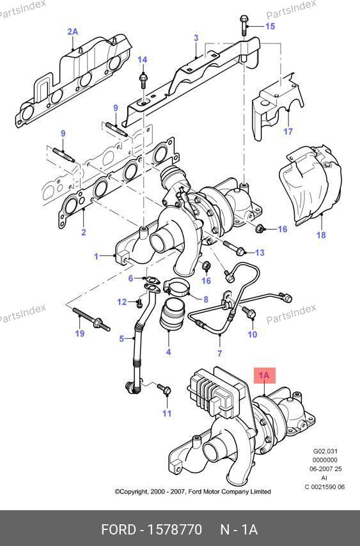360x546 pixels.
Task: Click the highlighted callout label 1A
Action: pos(264,375)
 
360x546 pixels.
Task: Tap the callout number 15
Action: pos(270,26)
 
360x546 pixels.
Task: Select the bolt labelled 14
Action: pos(143,80)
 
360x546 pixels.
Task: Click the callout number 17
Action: pos(288,131)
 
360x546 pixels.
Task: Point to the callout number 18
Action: pos(321,235)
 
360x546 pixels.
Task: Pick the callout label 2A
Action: pos(72,32)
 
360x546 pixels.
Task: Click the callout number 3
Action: pos(196,38)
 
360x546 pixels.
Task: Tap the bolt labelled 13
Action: pos(234,248)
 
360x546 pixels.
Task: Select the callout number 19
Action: pos(80,333)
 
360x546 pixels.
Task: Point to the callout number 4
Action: pos(169,352)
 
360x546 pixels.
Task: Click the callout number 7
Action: pos(220,354)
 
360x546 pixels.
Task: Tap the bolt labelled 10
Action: pos(249,312)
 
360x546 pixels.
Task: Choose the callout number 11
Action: pos(167,413)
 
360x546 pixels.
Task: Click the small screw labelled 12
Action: pos(139,303)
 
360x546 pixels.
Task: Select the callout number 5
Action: pos(121,338)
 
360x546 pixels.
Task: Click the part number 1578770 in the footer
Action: pos(175,529)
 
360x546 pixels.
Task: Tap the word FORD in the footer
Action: pos(118,529)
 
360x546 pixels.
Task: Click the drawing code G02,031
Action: pos(325,451)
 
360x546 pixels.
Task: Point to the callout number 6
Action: pos(130,278)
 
